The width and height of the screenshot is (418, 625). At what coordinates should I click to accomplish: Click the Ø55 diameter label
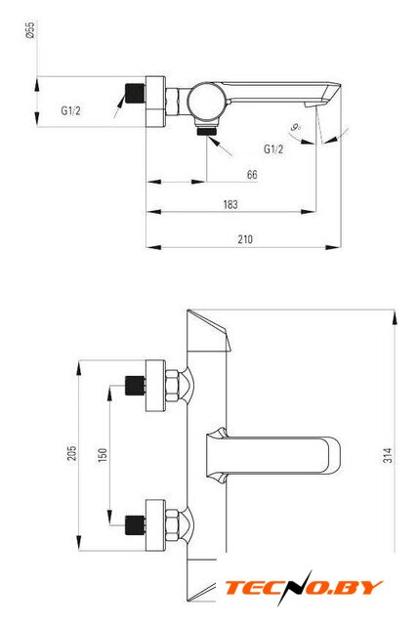pyautogui.click(x=30, y=30)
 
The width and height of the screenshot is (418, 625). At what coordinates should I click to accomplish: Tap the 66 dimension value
pyautogui.click(x=252, y=174)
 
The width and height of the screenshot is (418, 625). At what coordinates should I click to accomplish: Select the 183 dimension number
pyautogui.click(x=230, y=204)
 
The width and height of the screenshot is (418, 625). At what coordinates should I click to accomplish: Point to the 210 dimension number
pyautogui.click(x=245, y=239)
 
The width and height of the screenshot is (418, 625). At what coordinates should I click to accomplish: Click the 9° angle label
pyautogui.click(x=295, y=128)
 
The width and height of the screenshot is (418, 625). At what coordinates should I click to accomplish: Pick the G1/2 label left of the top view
pyautogui.click(x=70, y=110)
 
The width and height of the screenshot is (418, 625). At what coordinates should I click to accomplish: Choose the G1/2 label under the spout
pyautogui.click(x=273, y=149)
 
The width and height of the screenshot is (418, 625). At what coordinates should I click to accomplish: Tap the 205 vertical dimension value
pyautogui.click(x=71, y=453)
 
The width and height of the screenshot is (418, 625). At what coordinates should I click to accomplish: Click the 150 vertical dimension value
pyautogui.click(x=103, y=455)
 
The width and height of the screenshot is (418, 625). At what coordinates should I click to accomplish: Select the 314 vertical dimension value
pyautogui.click(x=388, y=455)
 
